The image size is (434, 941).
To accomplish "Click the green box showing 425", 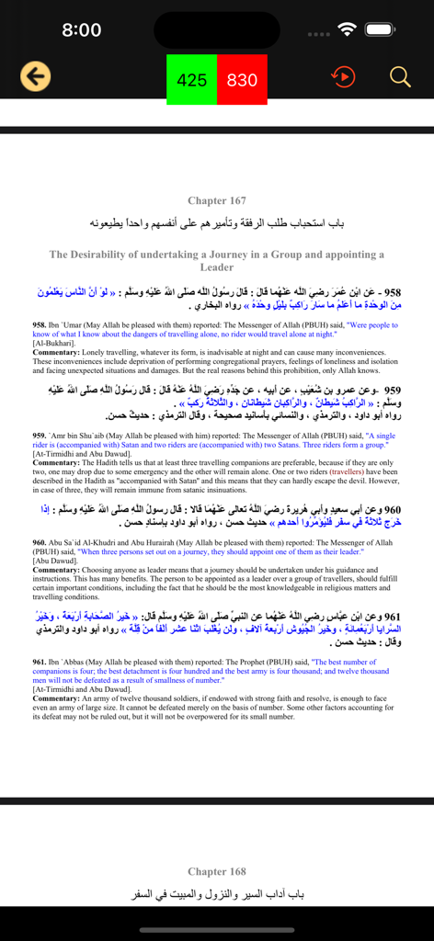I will coord(191,80).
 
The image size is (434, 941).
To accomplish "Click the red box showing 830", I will coord(242,80).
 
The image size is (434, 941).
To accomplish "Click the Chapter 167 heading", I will coord(217,200).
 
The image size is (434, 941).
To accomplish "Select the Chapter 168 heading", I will coord(217,871).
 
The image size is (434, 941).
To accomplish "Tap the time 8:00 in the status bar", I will coord(81,30).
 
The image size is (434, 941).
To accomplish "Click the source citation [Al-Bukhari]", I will coord(54,343).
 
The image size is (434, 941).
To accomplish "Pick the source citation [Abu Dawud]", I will coord(56,561).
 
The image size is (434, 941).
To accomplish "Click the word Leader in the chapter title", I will coord(217,267).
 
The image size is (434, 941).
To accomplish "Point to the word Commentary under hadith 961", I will coord(56,697).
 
